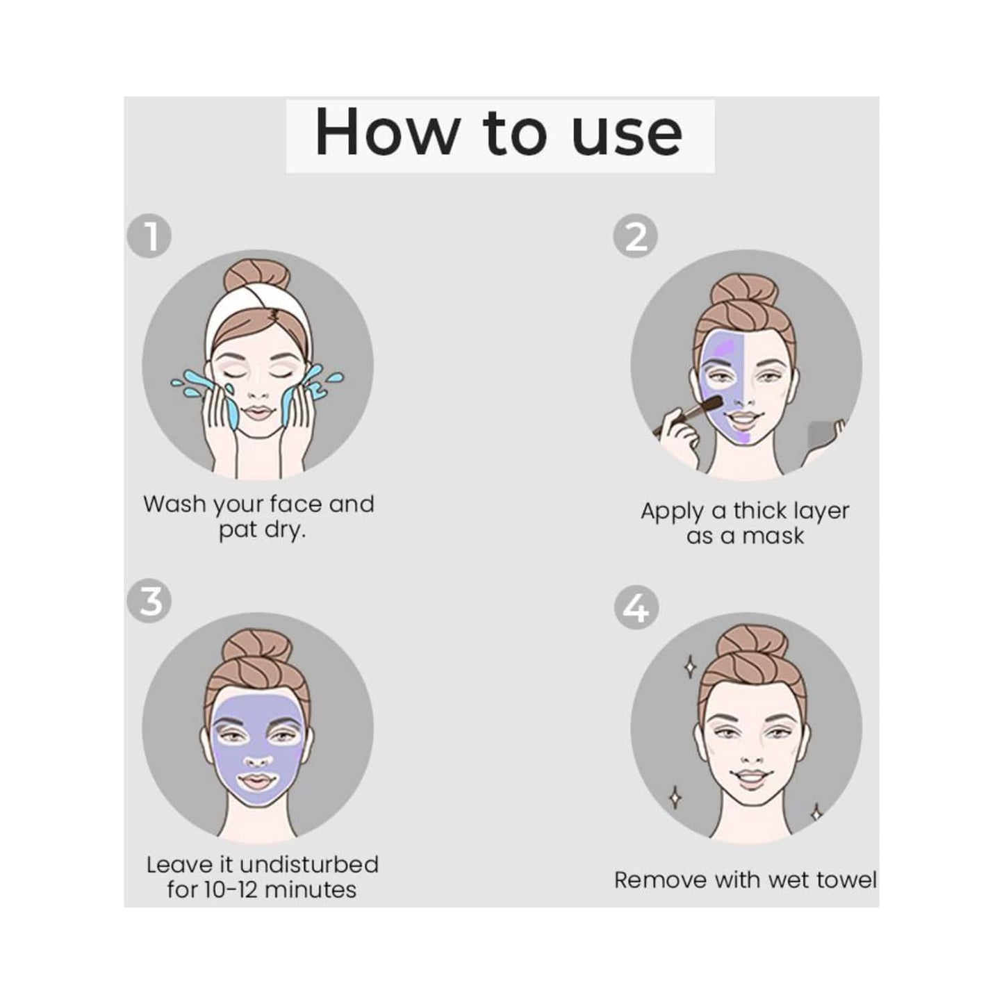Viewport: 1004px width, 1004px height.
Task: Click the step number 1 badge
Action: (149, 236)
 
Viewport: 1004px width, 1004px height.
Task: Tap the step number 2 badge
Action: (635, 236)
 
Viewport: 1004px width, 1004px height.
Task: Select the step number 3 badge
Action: (149, 601)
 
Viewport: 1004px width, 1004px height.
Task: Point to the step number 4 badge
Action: (636, 608)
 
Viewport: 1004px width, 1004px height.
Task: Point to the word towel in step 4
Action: (846, 880)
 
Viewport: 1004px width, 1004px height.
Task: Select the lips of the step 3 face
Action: (257, 782)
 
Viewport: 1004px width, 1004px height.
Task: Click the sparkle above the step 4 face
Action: (690, 667)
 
